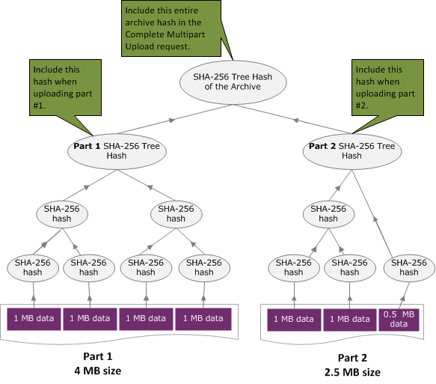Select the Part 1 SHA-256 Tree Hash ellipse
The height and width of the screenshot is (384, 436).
(117, 150)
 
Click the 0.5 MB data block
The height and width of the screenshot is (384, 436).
(399, 319)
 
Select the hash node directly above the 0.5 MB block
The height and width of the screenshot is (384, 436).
(408, 267)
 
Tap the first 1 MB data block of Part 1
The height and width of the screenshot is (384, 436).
(34, 318)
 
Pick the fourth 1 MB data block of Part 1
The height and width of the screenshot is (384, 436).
(203, 318)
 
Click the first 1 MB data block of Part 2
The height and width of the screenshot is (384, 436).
(294, 319)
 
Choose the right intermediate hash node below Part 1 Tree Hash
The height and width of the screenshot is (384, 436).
(176, 213)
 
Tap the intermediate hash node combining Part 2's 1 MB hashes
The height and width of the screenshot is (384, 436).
(328, 213)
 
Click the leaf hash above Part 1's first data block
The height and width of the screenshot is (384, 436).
(33, 267)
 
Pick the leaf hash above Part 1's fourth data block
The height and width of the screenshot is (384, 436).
(204, 267)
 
